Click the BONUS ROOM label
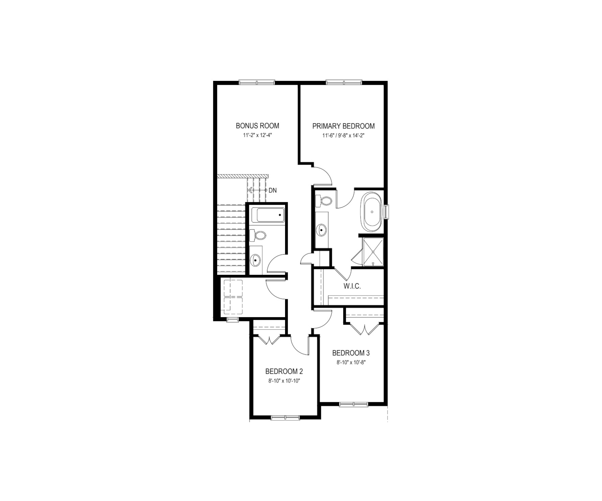[x=257, y=126]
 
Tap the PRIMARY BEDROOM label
[x=343, y=126]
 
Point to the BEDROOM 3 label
[x=351, y=353]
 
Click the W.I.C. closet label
[x=352, y=286]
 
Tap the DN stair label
[x=273, y=191]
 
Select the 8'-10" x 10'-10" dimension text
[x=284, y=381]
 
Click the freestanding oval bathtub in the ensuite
[x=372, y=212]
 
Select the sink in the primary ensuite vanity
[x=321, y=230]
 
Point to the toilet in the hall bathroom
[x=258, y=235]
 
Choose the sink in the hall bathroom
[x=255, y=261]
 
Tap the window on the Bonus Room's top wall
[x=257, y=82]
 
